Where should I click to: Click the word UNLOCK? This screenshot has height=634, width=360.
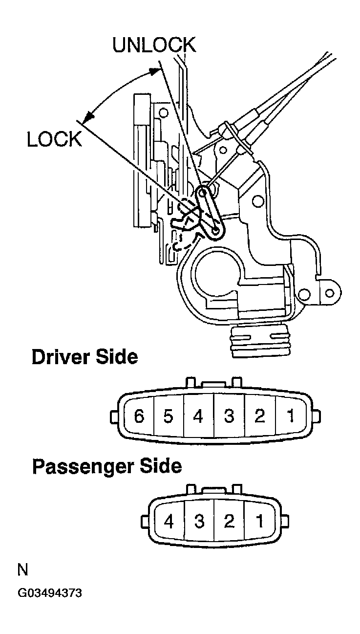pos(154,45)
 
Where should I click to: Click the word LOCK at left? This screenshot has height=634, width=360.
pos(54,140)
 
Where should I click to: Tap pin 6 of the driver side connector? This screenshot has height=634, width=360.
pos(139,417)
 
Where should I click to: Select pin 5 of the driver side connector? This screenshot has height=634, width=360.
pos(169,417)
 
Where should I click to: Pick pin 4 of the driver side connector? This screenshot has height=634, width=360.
pos(198,417)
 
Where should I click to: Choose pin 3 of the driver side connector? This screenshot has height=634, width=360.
pos(229,417)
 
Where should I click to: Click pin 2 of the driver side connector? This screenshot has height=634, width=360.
pos(259,417)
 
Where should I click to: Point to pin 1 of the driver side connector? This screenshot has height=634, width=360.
pos(290,417)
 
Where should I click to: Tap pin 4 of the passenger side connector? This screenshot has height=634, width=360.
pos(169,522)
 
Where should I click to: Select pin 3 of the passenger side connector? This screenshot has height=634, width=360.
pos(199,522)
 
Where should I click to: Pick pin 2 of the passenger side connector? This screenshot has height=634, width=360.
pos(229,522)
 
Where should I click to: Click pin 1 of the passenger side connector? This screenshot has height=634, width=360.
pos(259,522)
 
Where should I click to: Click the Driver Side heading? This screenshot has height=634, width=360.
pos(85,357)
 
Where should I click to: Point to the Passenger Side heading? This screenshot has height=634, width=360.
pos(106,466)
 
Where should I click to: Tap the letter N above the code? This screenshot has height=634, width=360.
pos(22,570)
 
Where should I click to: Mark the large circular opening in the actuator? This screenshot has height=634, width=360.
pos(215,272)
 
